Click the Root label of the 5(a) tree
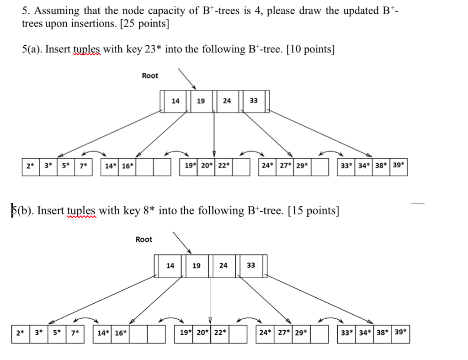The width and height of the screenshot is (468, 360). [x=150, y=76]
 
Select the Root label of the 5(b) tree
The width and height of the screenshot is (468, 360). [x=144, y=240]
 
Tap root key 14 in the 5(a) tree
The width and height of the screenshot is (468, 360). [x=175, y=101]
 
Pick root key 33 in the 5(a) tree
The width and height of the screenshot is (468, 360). [x=254, y=101]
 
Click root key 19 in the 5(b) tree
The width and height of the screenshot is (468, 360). [x=197, y=266]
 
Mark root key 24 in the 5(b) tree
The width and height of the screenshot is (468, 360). [x=223, y=266]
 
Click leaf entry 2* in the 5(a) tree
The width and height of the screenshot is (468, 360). [x=30, y=167]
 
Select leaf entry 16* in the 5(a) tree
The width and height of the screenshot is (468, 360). [x=128, y=167]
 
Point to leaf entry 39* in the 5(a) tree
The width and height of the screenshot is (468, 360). [x=399, y=166]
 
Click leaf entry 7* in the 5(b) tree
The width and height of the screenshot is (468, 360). [x=74, y=333]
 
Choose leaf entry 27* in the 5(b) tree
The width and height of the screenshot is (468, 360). [x=283, y=333]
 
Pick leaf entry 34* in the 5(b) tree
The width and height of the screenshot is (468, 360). [x=364, y=333]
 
